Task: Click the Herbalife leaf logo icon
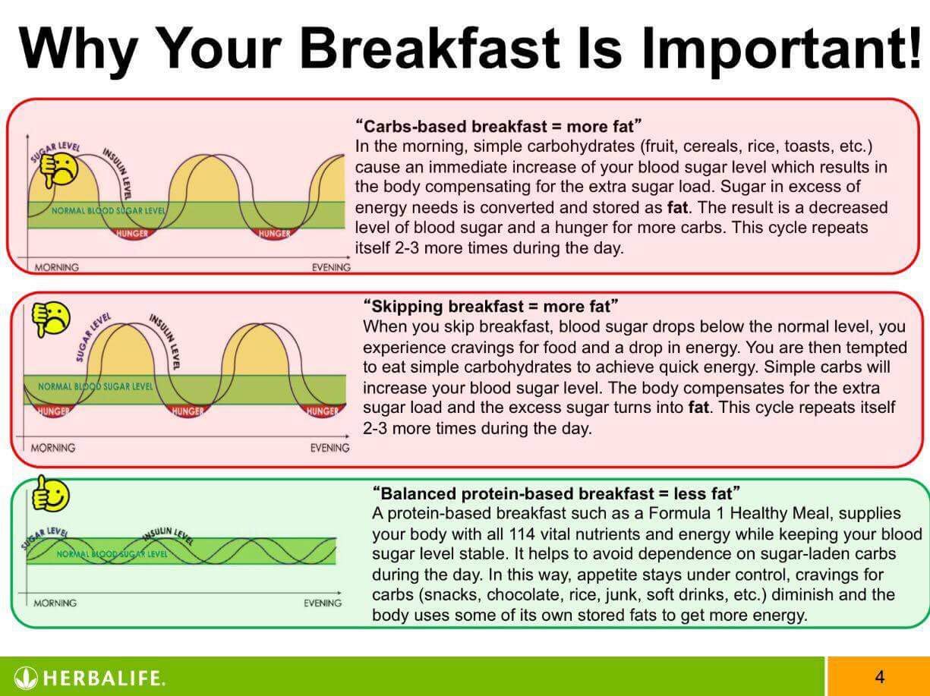point(26,679)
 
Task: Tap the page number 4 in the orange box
point(879,677)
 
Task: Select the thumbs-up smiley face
point(51,494)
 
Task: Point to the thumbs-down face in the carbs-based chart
point(59,169)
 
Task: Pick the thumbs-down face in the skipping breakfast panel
point(52,319)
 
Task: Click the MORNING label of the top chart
point(57,267)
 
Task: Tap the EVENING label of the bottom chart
point(323,603)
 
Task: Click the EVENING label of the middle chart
point(330,448)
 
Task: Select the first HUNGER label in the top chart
point(133,234)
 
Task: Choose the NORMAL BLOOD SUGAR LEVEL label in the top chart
point(108,210)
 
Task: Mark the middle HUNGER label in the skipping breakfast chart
point(188,411)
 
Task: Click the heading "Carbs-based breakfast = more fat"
point(498,126)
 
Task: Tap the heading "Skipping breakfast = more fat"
point(490,307)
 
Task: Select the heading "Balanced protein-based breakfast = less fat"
point(556,493)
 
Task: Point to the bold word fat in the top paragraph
point(677,207)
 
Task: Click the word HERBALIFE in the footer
point(103,679)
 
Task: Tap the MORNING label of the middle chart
point(53,448)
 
